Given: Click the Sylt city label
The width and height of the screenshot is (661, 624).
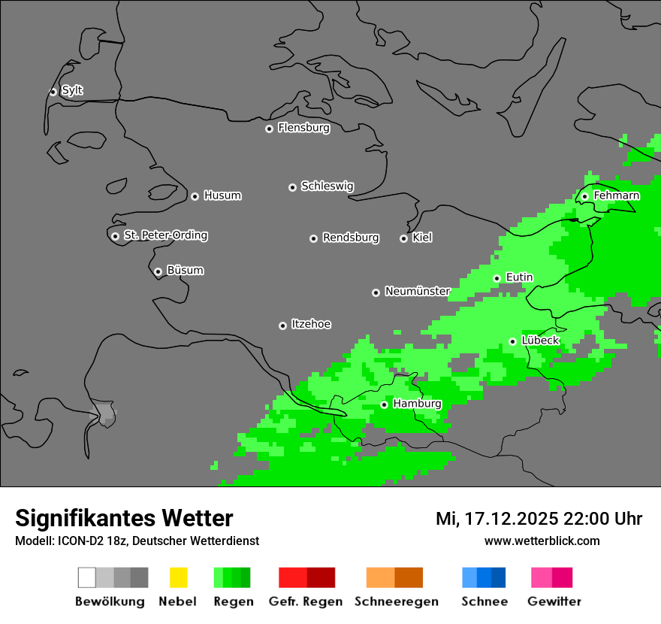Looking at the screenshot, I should tap(72, 90).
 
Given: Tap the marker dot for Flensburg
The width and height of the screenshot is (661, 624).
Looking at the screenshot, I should tap(269, 129).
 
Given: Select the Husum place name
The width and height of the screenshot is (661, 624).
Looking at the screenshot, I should tap(222, 195).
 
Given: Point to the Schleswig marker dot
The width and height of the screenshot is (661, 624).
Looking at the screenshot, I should tap(292, 187).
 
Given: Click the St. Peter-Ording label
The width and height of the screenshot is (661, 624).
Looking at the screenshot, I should tap(165, 235).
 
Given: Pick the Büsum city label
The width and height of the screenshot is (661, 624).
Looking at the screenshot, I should tap(185, 270).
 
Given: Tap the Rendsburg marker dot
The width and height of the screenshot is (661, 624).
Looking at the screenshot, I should tap(313, 238).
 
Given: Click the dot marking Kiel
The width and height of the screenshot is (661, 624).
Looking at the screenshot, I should tap(403, 238).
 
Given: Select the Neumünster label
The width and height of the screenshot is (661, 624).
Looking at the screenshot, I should tap(417, 291).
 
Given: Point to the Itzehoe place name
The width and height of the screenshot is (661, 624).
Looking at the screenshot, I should tap(311, 324).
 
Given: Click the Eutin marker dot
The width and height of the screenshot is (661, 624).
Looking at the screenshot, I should tap(497, 278).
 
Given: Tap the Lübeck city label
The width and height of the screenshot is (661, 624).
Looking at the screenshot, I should tap(540, 341).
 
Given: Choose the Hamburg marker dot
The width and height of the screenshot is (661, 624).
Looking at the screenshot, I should tap(384, 404).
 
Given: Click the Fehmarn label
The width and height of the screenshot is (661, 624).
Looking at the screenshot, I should tap(616, 195).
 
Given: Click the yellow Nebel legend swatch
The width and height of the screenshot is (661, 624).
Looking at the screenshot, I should tap(178, 577).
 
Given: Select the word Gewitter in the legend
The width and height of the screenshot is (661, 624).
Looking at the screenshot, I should tap(554, 601).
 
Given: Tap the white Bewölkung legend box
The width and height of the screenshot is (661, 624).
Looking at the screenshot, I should tap(87, 577).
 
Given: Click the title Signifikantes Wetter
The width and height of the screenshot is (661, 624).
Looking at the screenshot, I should tap(124, 518).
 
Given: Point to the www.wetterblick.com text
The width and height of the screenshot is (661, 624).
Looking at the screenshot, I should tap(542, 541).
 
